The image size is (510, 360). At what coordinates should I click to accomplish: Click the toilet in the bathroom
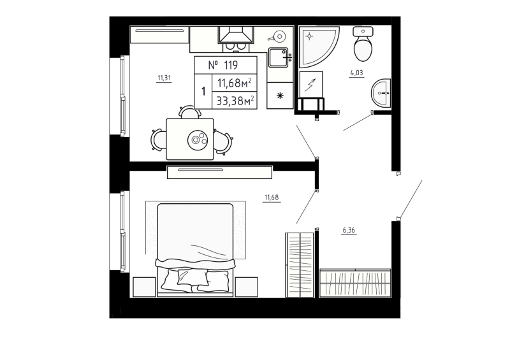click(x=364, y=44)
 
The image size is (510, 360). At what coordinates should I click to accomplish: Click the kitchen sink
click(x=279, y=58)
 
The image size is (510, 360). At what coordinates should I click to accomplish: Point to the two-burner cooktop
click(x=237, y=45)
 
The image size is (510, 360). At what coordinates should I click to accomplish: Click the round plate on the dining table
click(x=198, y=138)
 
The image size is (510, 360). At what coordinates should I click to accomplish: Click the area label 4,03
click(x=356, y=73)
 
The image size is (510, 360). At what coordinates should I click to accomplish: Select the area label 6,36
click(x=349, y=231)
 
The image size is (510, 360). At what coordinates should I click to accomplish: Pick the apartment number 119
click(x=222, y=64)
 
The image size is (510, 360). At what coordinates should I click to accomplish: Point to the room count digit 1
click(x=203, y=90)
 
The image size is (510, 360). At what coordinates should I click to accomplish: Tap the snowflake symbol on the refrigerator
click(x=279, y=96)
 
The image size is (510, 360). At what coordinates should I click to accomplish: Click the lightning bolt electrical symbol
click(x=312, y=83)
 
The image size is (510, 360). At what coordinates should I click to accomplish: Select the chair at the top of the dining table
click(x=189, y=113)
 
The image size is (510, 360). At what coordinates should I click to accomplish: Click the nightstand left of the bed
click(x=143, y=286)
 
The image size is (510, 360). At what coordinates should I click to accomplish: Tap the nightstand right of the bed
click(x=246, y=286)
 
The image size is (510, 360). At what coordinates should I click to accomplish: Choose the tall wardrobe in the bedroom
click(x=300, y=264)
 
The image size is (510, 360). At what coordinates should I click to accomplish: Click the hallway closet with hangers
click(x=354, y=282)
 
